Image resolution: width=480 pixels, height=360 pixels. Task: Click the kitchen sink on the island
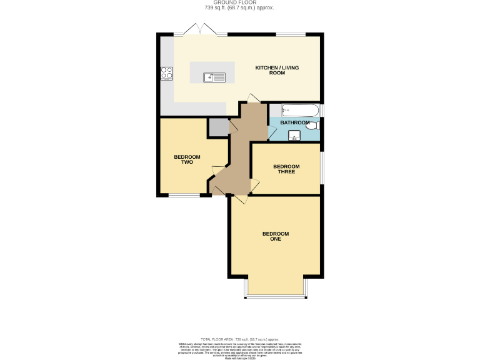[214, 77]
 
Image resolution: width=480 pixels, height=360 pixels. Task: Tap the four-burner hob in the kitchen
[167, 74]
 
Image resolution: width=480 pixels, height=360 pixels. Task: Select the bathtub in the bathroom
[301, 111]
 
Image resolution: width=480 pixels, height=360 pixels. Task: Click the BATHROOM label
[294, 123]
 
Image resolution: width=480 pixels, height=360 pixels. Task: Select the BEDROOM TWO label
[187, 159]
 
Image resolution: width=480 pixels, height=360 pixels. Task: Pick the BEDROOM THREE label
[286, 169]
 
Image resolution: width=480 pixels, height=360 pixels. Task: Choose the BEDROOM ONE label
[275, 236]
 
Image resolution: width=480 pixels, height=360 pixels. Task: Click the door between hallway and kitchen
[251, 99]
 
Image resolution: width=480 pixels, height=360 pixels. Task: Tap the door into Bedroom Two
[216, 169]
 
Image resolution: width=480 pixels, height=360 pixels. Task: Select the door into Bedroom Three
[254, 184]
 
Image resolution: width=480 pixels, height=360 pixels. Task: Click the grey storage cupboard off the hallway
[218, 127]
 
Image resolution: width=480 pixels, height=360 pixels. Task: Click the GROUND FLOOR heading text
[240, 2]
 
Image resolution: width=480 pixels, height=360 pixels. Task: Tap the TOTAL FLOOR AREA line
[240, 338]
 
